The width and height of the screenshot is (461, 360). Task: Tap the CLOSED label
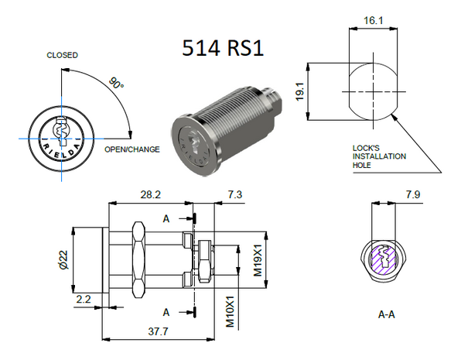tap(62, 56)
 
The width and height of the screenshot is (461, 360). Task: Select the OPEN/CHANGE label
tap(132, 149)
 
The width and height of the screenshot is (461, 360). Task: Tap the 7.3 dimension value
tap(232, 194)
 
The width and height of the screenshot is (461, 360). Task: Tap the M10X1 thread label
tap(230, 310)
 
